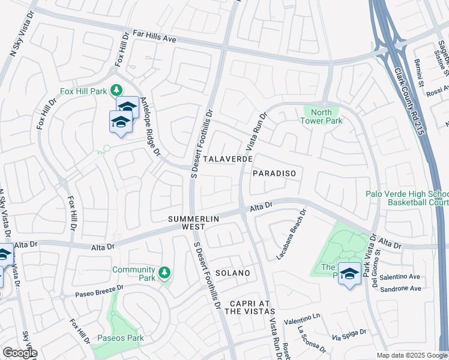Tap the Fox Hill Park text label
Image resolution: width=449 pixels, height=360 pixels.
tap(83, 92)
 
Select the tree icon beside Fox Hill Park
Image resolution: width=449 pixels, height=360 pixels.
tap(116, 90)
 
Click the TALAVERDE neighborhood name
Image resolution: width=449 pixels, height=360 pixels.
tap(227, 160)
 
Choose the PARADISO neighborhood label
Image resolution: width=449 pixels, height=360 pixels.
tap(274, 173)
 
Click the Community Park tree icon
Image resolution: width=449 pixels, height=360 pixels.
tap(164, 274)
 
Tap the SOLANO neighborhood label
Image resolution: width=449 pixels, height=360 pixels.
tap(232, 273)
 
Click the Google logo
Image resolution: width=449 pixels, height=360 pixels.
tap(20, 353)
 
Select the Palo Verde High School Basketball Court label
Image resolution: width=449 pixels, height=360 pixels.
tap(409, 198)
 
